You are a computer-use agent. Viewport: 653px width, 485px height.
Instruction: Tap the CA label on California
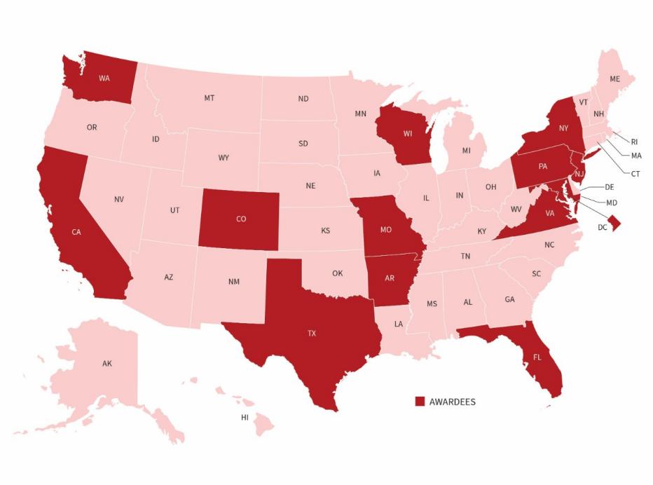tap(76, 232)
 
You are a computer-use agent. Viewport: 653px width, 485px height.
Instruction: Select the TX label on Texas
tap(312, 334)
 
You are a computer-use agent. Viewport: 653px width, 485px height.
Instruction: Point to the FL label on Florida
tap(537, 357)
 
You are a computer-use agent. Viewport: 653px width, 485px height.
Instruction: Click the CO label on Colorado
tap(241, 219)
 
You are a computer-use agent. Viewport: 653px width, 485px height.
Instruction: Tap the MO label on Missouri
tap(385, 229)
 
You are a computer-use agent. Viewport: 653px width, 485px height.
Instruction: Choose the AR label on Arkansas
tap(390, 278)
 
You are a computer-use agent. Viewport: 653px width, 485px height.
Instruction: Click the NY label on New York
tap(563, 128)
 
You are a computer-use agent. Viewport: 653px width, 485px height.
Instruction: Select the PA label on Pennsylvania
tap(542, 167)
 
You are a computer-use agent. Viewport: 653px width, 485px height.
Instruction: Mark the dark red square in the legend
tap(420, 402)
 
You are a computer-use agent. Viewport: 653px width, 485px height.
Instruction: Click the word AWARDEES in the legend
tap(452, 402)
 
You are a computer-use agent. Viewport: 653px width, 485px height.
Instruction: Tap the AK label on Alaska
tap(106, 364)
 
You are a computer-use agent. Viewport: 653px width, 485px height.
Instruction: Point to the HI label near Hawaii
tap(245, 417)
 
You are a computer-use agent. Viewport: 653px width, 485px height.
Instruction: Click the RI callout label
tap(635, 141)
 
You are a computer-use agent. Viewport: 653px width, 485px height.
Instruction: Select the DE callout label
tap(609, 188)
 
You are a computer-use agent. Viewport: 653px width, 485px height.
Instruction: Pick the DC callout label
tap(603, 228)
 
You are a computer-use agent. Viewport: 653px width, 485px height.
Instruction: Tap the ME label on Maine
tap(614, 79)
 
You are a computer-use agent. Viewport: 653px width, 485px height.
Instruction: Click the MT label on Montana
tap(209, 98)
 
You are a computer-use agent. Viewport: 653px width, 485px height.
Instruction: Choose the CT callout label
tap(635, 172)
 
